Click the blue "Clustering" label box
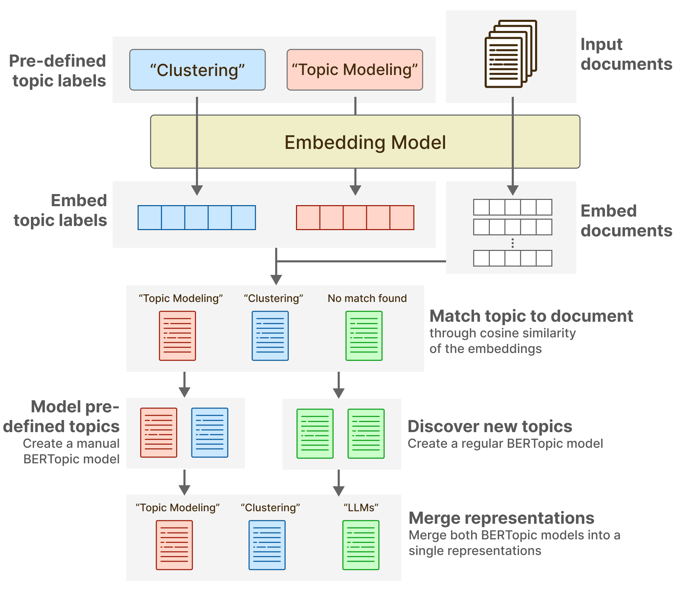tap(197, 70)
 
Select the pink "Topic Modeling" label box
tap(354, 70)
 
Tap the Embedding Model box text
tap(365, 142)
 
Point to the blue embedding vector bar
tap(197, 218)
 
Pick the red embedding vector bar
tap(355, 218)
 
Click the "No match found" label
tap(367, 298)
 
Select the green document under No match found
tap(364, 336)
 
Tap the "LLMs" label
tap(361, 508)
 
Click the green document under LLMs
tap(361, 545)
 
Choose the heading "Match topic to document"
tap(531, 316)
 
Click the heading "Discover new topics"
tap(490, 427)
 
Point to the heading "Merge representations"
tap(501, 518)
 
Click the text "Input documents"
tap(626, 54)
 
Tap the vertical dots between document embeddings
tap(512, 243)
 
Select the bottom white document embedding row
tap(512, 258)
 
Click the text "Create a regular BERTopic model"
tap(505, 444)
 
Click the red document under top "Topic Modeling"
tap(177, 336)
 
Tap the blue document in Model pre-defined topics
tap(209, 432)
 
